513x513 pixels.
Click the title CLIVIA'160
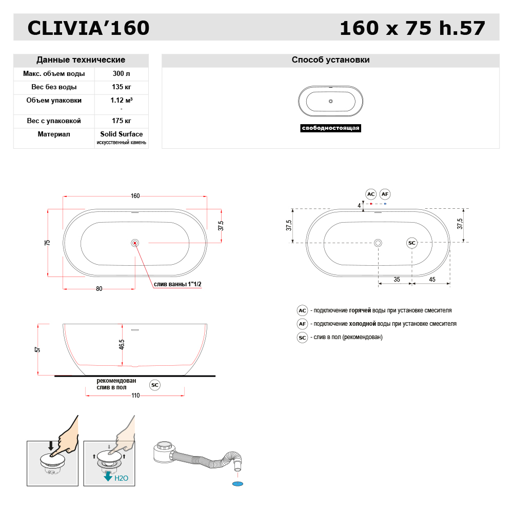click(88, 28)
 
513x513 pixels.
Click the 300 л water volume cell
click(122, 73)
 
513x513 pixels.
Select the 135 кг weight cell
click(122, 87)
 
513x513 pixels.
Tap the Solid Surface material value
click(122, 134)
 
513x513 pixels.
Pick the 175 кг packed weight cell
click(122, 121)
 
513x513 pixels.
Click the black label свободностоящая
click(330, 128)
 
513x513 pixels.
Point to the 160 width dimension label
click(135, 196)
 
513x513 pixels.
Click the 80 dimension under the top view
click(99, 289)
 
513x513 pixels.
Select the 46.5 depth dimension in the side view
click(122, 344)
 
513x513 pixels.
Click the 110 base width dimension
click(135, 396)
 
